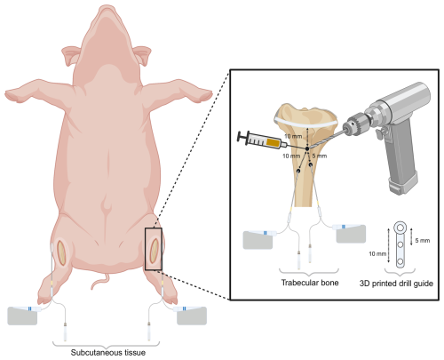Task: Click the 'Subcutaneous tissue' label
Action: point(108,353)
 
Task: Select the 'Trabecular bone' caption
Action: point(310,283)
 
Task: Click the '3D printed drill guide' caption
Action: point(396,284)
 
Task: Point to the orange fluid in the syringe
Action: point(274,142)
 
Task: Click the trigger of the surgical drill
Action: point(380,133)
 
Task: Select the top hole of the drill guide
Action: point(400,228)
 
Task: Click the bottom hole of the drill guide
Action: point(400,261)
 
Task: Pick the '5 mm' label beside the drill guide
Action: point(423,241)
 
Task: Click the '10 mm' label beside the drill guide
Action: point(377,254)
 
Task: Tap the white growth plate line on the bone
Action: point(306,124)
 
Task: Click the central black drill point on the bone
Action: point(307,148)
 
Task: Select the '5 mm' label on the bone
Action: point(320,156)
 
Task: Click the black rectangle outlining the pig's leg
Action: point(146,249)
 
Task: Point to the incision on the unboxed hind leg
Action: point(61,252)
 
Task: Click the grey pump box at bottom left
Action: point(22,316)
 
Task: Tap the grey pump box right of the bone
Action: point(352,234)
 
